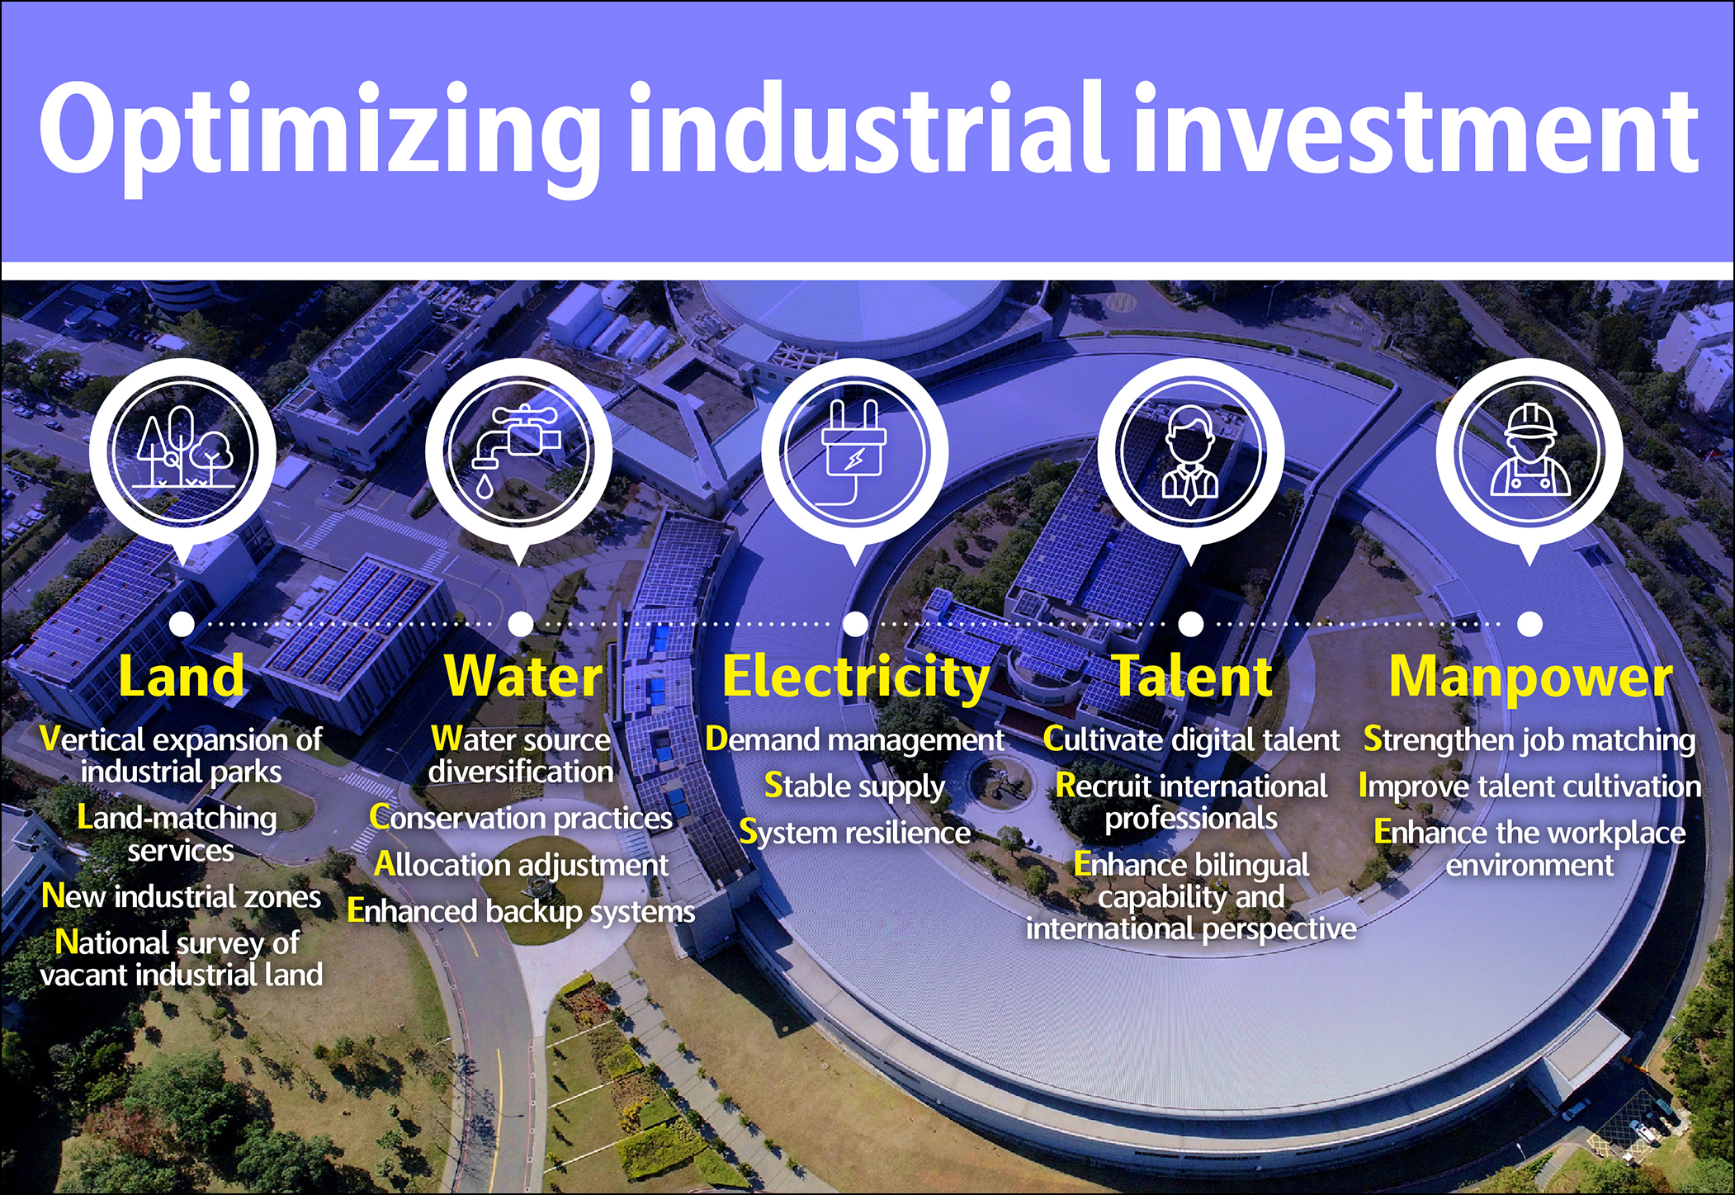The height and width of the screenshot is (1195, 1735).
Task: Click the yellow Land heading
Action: click(x=182, y=677)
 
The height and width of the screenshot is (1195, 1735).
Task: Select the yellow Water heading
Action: click(x=524, y=677)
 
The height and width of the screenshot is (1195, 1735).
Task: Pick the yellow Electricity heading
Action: click(x=856, y=678)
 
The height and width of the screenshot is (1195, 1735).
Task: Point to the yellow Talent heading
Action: click(x=1193, y=677)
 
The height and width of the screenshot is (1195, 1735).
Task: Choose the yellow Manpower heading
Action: click(x=1530, y=678)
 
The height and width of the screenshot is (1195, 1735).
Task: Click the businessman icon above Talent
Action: click(x=1190, y=454)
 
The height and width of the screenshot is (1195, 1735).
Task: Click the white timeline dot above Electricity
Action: click(x=856, y=624)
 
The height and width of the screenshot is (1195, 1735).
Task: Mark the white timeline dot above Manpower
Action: click(x=1529, y=624)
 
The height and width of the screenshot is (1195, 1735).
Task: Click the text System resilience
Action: click(x=855, y=833)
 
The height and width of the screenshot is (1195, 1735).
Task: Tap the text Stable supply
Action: click(x=854, y=786)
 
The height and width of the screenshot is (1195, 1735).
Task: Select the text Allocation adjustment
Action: click(x=521, y=865)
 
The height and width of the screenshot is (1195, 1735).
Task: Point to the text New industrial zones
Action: click(x=182, y=896)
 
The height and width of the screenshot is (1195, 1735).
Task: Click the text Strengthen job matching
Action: click(x=1529, y=740)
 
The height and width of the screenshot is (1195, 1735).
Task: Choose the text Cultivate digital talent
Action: click(x=1191, y=740)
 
